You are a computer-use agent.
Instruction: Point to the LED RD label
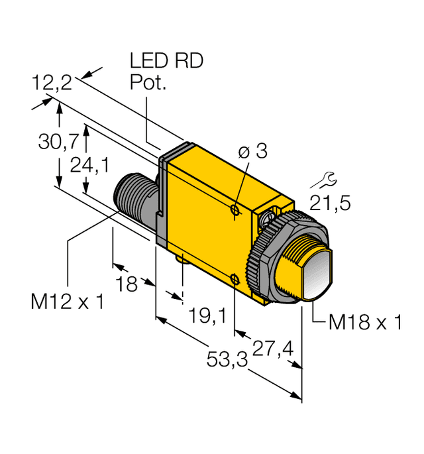[x=166, y=62]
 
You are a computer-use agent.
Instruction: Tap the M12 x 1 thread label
[x=68, y=302]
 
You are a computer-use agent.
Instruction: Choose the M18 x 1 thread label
[x=366, y=323]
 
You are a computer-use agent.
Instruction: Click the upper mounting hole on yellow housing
[x=235, y=210]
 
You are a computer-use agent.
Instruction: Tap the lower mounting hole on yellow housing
[x=235, y=278]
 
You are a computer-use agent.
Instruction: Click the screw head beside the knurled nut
[x=271, y=216]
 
